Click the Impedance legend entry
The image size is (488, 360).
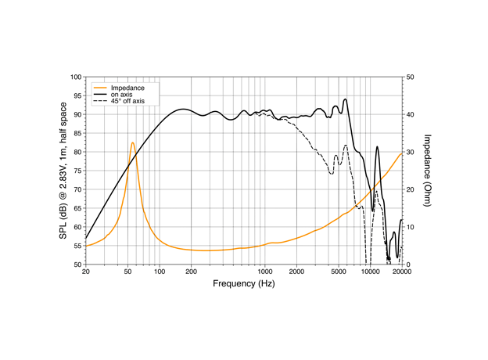point(127,88)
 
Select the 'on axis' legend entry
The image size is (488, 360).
point(121,95)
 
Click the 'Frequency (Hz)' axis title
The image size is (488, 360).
point(244,283)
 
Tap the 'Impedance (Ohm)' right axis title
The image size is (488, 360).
point(428,171)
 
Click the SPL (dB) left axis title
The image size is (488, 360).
point(63,171)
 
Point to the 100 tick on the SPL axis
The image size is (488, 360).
point(76,77)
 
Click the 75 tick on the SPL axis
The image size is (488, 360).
point(77,171)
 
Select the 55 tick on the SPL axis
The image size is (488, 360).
point(77,246)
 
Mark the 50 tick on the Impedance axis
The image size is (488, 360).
point(411,77)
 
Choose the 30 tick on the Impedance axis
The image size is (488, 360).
point(411,152)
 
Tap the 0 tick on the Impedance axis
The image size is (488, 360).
point(409,265)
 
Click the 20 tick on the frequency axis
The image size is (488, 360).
point(86,272)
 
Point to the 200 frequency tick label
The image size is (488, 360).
point(192,272)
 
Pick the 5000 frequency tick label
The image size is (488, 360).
point(339,272)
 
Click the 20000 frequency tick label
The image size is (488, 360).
point(401,272)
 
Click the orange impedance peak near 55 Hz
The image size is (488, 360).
point(132,142)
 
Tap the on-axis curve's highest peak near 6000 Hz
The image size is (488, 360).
point(345,99)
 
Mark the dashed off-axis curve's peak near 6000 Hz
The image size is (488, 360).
point(345,145)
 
